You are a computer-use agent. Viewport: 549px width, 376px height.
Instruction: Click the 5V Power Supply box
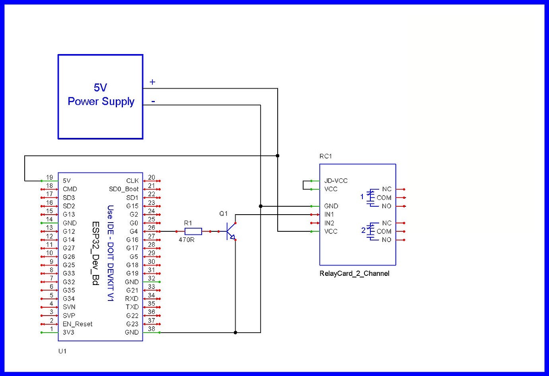click(100, 97)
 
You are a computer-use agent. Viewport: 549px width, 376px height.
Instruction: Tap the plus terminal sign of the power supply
click(152, 82)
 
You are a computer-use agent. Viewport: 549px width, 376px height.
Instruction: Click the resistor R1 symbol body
click(193, 231)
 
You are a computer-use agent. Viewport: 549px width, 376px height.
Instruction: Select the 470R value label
click(187, 240)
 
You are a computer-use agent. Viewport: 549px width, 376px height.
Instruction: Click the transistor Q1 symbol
click(230, 231)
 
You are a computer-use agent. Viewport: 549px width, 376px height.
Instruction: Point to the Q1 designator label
click(224, 214)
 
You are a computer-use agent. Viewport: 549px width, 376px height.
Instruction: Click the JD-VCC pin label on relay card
click(336, 181)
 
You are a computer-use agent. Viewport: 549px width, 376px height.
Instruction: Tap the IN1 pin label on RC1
click(329, 215)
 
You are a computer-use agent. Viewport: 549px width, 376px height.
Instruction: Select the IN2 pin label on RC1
click(329, 223)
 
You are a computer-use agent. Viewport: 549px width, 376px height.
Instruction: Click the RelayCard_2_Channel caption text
click(354, 273)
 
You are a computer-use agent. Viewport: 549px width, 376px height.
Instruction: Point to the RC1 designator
click(325, 156)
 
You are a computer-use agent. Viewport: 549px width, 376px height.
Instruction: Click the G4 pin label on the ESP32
click(134, 231)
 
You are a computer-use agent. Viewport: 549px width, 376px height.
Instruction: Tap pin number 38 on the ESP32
click(152, 329)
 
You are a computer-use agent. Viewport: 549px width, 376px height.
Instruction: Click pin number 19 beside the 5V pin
click(49, 177)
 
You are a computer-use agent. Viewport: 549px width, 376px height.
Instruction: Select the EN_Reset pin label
click(78, 324)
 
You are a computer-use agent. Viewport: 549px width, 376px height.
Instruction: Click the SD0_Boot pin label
click(124, 189)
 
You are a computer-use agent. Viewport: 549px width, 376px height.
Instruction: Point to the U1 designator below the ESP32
click(62, 351)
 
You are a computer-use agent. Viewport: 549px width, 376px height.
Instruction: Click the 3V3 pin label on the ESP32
click(68, 332)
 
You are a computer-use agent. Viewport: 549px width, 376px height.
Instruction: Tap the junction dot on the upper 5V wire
click(278, 156)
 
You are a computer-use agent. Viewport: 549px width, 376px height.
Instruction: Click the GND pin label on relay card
click(331, 206)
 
